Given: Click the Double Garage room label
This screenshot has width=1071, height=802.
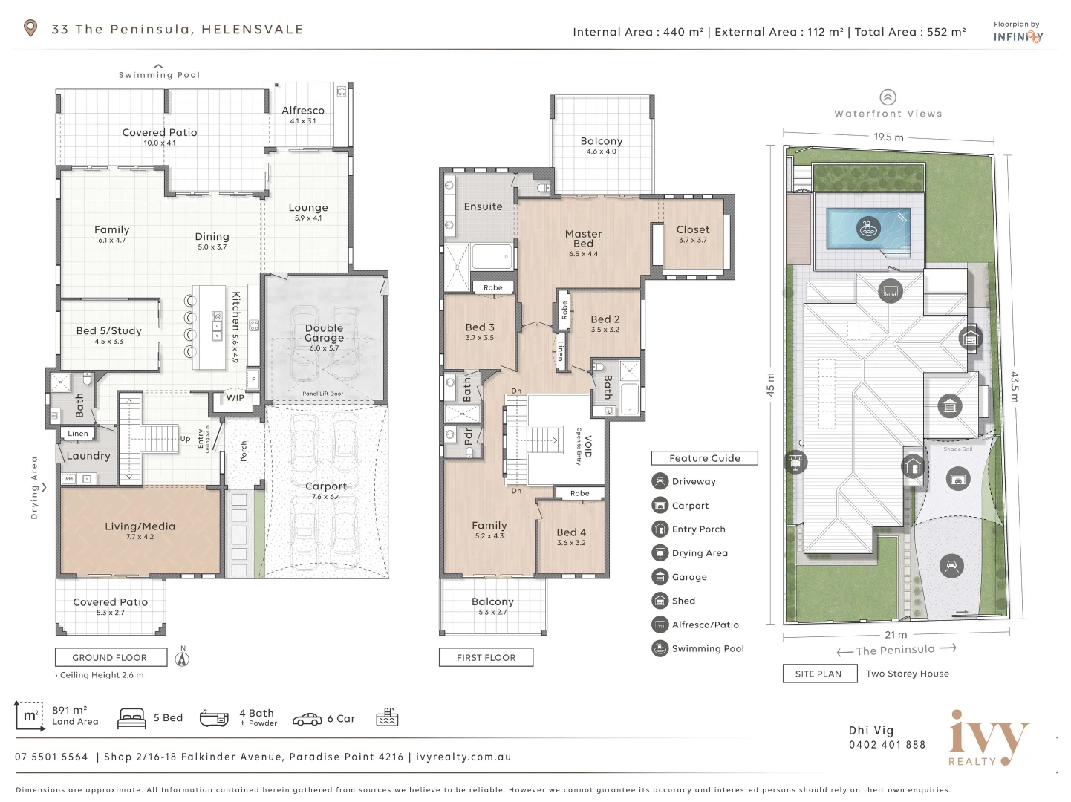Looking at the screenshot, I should tap(324, 333).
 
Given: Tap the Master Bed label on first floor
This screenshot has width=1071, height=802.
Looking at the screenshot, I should tap(583, 238).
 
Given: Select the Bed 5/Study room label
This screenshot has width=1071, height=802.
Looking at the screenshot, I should tap(108, 331).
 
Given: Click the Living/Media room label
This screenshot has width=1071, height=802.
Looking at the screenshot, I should tap(140, 526).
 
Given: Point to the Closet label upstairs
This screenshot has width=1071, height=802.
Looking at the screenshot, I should tap(692, 230).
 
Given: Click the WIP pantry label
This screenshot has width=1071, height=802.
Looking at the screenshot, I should tap(235, 398).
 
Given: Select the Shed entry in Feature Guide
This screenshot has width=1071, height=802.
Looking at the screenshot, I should tap(683, 601).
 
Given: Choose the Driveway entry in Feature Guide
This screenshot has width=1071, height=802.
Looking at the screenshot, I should tap(693, 481).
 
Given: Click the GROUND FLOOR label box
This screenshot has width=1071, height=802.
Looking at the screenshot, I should tap(110, 657).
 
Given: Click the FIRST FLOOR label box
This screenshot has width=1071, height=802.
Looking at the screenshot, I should tap(486, 657).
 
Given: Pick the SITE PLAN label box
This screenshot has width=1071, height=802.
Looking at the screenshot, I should tap(818, 674).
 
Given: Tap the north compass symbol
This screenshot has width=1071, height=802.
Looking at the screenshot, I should tap(182, 657).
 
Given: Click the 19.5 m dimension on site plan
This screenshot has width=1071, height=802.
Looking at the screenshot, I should tap(888, 137).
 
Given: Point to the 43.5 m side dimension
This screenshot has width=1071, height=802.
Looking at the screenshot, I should tap(1015, 387).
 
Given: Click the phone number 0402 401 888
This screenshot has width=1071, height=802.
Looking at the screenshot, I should tap(887, 745).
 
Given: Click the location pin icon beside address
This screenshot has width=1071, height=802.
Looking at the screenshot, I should tap(30, 29).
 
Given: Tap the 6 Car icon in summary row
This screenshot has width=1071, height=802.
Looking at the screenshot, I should tap(307, 718).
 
